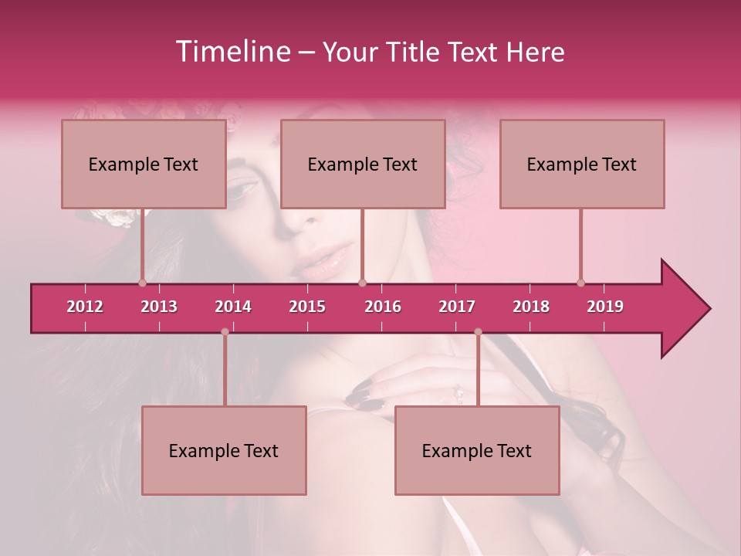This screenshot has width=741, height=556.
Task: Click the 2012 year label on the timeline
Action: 85,307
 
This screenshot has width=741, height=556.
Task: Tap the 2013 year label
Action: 159,307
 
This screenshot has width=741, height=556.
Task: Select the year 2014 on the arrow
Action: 233,307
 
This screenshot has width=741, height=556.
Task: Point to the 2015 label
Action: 307,307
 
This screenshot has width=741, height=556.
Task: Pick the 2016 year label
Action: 383,307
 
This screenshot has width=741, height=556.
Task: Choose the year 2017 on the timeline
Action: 457,307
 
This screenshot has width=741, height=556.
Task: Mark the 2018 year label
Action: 531,307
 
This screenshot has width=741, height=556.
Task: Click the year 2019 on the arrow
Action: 605,307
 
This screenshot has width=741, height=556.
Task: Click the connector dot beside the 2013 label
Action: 142,283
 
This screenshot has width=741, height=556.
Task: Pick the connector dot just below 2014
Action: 225,332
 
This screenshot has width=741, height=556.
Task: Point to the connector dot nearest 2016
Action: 362,283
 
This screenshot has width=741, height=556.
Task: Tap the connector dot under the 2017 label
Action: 478,332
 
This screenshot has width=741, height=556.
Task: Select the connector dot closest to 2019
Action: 580,283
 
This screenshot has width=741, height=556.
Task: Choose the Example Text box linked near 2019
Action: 582,164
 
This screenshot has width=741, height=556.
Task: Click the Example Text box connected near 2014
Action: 224,450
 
